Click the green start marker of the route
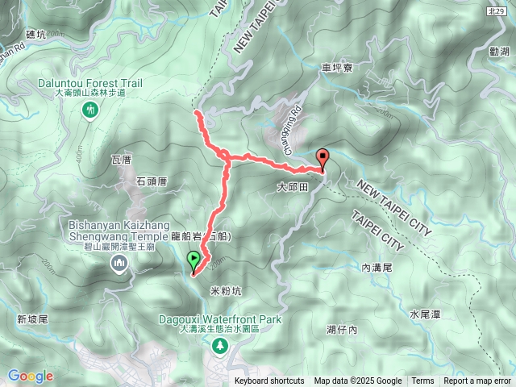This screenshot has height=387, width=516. coord(193,260)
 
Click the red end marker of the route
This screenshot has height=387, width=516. coord(323,158)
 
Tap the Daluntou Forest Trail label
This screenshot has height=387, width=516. coord(90,83)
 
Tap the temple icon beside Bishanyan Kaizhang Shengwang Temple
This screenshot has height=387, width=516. coord(121,262)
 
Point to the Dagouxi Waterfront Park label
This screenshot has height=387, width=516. coord(219,320)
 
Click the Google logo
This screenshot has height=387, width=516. coord(31,376)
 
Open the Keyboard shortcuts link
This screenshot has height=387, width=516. coord(269,381)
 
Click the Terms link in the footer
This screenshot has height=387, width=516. coord(422,381)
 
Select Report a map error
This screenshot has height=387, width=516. coord(477,381)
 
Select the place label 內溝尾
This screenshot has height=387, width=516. coord(377,267)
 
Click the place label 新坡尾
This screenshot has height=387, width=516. coord(33,319)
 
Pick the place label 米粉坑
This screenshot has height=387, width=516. coord(225,289)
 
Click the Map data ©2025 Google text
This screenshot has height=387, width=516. coord(358,381)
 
